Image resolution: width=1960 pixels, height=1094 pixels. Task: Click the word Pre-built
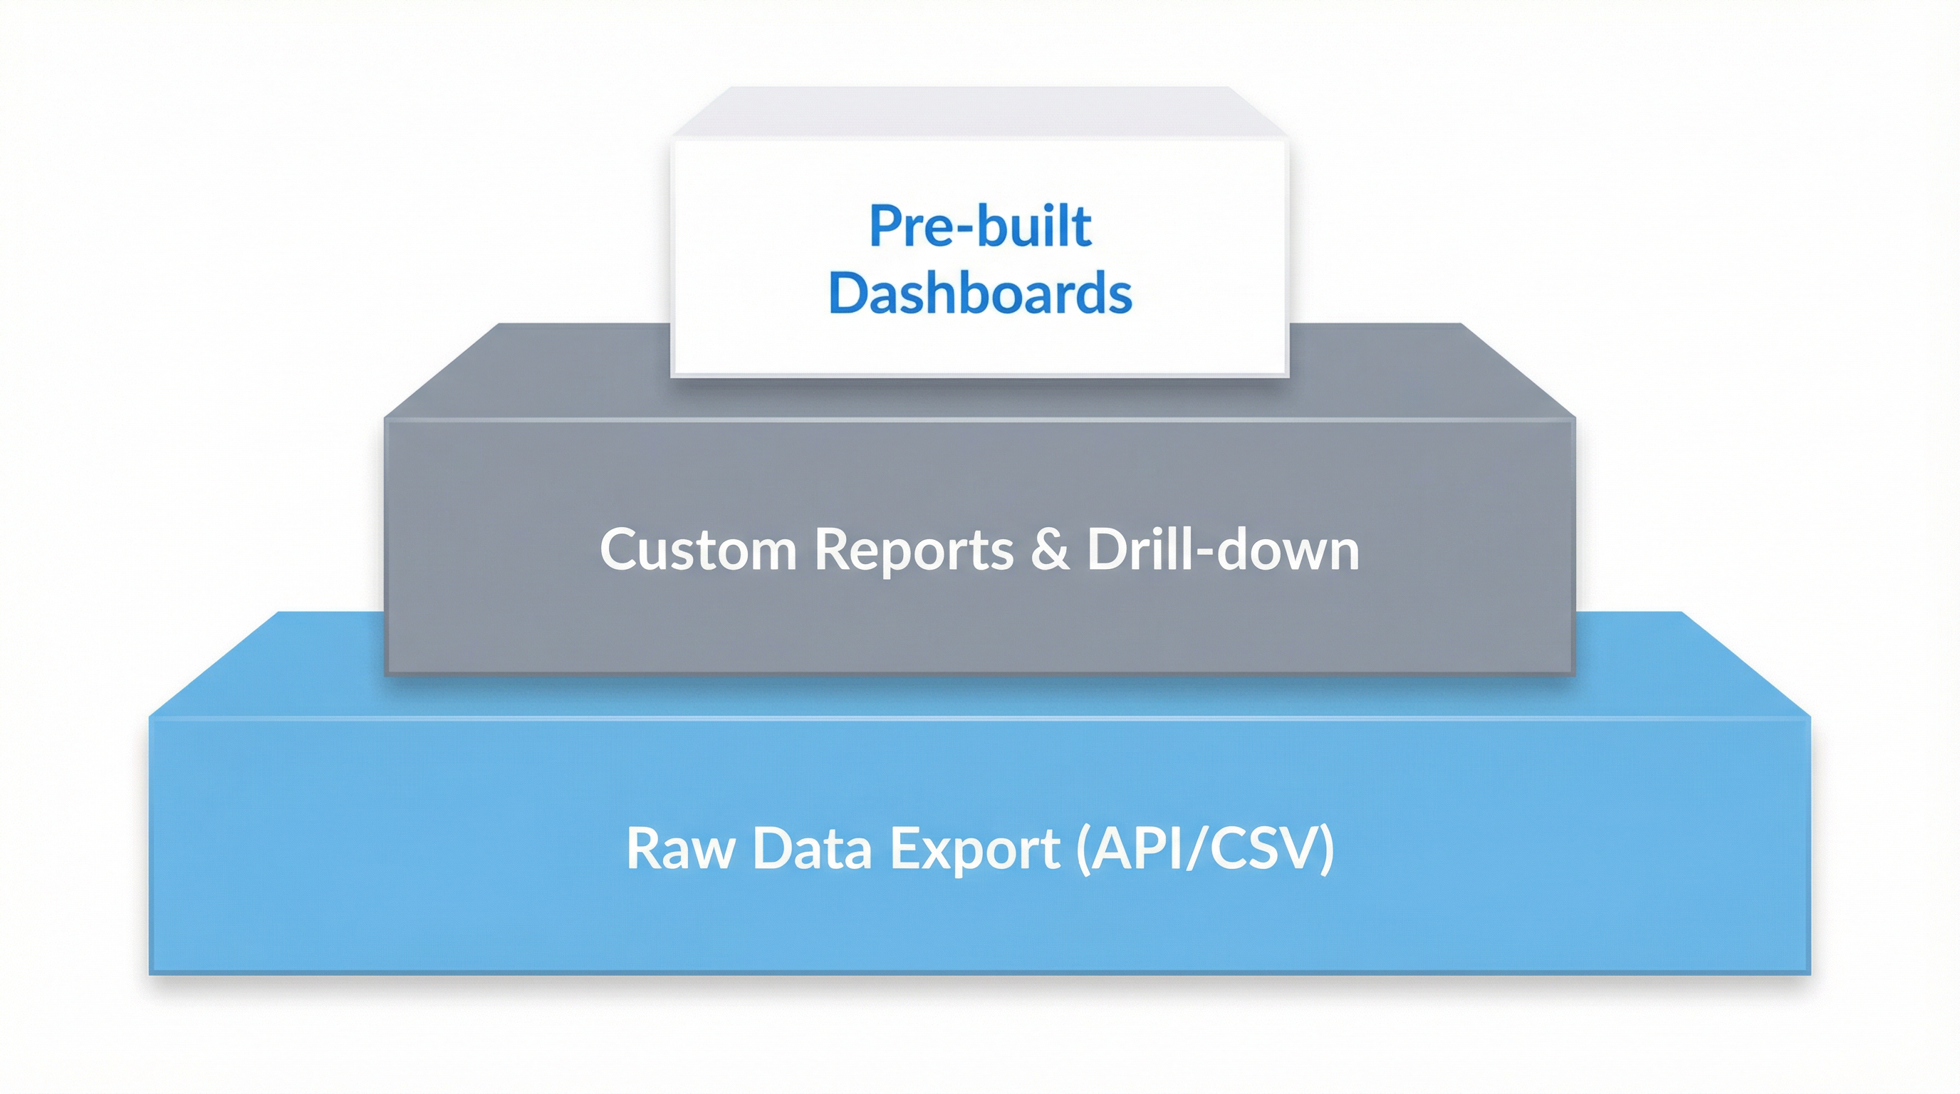980,226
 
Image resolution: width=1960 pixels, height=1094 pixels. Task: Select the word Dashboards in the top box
980,293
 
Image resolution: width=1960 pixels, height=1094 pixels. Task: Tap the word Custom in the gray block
698,549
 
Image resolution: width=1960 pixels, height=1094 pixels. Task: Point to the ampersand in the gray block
1050,549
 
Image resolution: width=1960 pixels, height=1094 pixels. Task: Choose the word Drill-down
1223,549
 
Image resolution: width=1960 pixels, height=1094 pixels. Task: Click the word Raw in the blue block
680,848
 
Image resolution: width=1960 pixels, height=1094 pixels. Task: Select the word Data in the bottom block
812,848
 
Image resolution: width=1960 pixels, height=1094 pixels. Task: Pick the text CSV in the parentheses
1262,848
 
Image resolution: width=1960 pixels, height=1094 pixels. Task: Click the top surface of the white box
980,113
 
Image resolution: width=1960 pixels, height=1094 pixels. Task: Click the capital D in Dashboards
846,293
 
